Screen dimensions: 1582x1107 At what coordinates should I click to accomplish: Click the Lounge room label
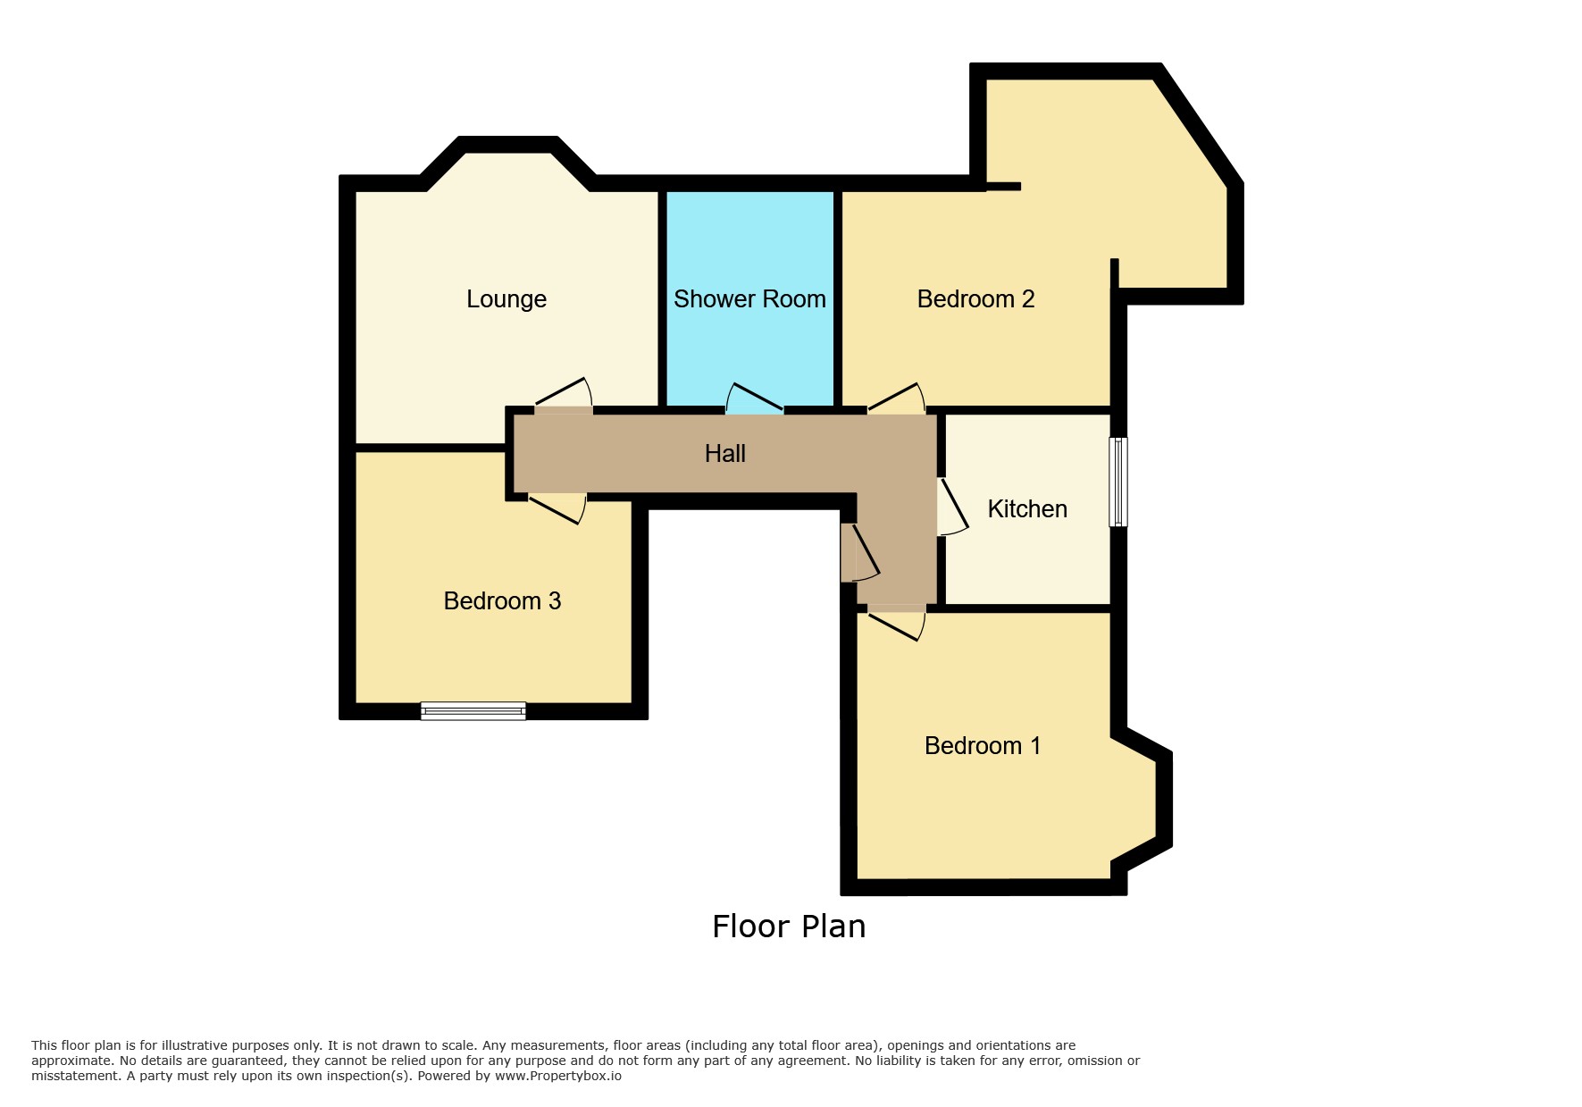click(506, 299)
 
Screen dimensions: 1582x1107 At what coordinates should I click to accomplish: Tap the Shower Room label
click(749, 299)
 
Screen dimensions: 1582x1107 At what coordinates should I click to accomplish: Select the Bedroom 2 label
click(975, 299)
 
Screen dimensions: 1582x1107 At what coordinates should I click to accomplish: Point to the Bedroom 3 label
click(502, 601)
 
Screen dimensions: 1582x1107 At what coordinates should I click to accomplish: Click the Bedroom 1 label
click(983, 746)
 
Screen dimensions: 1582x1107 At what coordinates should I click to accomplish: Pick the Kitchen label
click(1027, 509)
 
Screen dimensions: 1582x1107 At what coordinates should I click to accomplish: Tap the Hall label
click(725, 454)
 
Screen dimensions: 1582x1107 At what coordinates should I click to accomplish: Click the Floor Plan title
click(789, 927)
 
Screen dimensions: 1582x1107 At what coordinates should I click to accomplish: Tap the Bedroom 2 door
click(896, 398)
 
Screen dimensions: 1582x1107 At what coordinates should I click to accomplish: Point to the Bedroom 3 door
click(557, 507)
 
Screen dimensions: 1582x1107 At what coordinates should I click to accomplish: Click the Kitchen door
click(952, 507)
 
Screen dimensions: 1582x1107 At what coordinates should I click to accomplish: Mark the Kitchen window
click(1118, 482)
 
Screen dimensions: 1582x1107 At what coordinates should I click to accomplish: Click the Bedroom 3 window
click(473, 711)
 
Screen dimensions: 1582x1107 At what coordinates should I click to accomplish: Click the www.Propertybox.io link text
click(558, 1076)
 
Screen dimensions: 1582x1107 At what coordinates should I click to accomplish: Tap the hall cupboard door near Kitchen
click(860, 553)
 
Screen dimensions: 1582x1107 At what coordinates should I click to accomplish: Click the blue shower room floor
click(749, 348)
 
